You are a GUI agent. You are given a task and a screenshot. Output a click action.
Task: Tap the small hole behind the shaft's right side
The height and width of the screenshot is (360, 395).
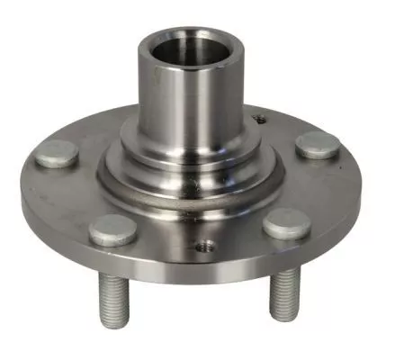point(259,116)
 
